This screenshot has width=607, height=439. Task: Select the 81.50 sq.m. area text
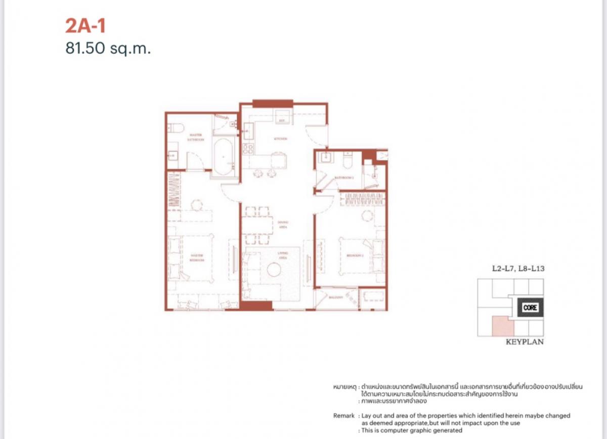tap(108, 49)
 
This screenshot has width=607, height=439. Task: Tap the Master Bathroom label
tap(196, 137)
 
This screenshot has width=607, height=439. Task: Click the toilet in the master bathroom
tap(174, 128)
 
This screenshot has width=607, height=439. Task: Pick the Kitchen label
tap(281, 138)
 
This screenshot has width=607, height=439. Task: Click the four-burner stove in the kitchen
tap(248, 149)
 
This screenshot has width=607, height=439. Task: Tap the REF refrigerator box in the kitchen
tap(282, 121)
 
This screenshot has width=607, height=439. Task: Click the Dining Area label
tap(282, 225)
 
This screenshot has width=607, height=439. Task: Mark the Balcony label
tap(336, 298)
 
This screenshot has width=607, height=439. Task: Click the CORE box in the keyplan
tap(530, 307)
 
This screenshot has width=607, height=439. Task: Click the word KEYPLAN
tap(525, 342)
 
